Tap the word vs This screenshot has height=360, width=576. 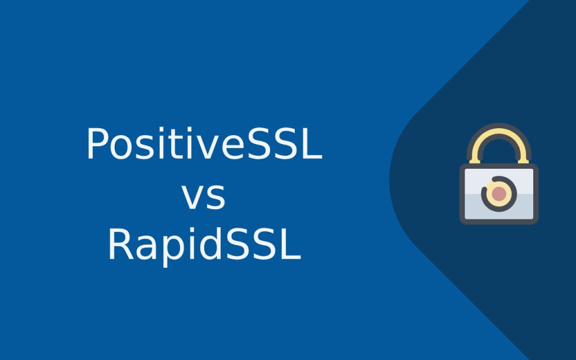(x=204, y=196)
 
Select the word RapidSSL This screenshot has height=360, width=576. (x=204, y=246)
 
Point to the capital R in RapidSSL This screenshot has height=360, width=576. (x=119, y=246)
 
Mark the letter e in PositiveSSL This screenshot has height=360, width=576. (x=218, y=147)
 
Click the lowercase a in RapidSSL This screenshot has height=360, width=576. (x=144, y=249)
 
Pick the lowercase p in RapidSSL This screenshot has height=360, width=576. (x=168, y=250)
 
